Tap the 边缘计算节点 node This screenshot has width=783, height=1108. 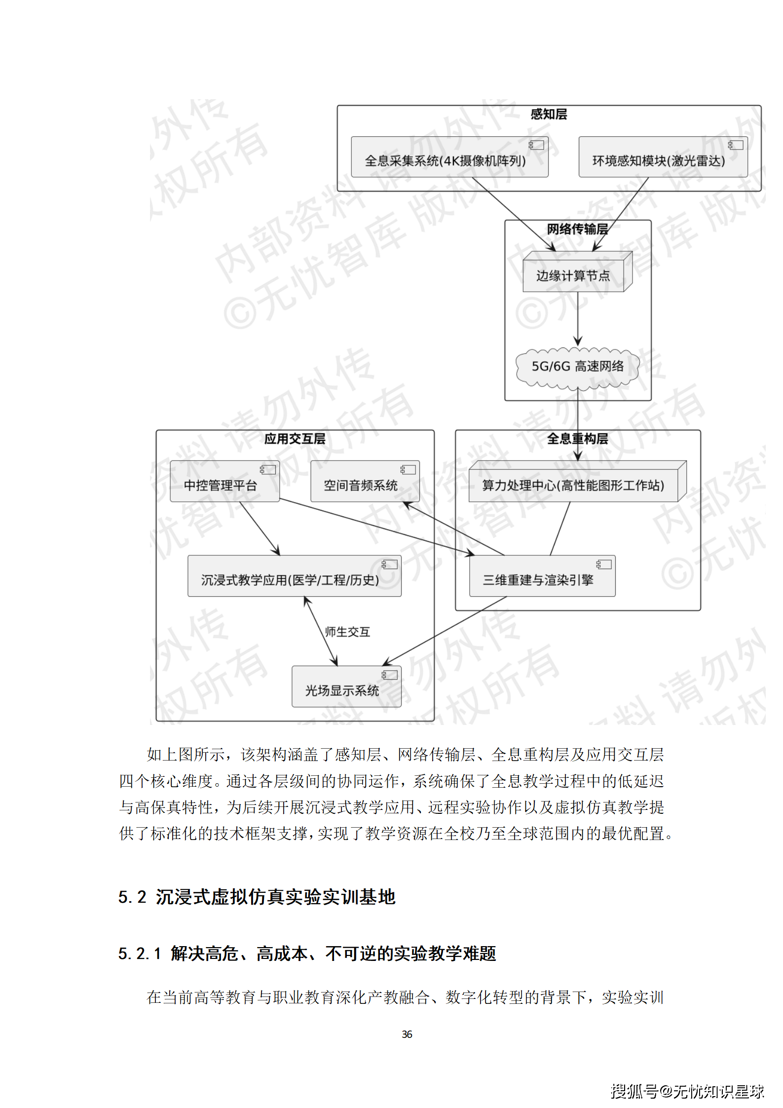point(574,275)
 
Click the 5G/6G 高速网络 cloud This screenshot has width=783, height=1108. point(577,367)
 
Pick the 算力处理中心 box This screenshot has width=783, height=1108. point(573,485)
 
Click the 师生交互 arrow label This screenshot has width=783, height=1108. point(347,632)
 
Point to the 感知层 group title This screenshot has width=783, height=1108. point(549,115)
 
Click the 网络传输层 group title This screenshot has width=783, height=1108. point(577,229)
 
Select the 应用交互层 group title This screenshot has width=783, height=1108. point(295,439)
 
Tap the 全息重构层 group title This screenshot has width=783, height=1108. point(577,439)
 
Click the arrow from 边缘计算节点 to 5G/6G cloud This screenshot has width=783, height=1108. point(578,318)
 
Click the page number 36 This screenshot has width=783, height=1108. point(407,1034)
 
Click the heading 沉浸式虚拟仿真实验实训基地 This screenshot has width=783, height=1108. point(275,897)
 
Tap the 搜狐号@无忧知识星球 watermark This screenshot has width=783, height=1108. point(687,1091)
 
